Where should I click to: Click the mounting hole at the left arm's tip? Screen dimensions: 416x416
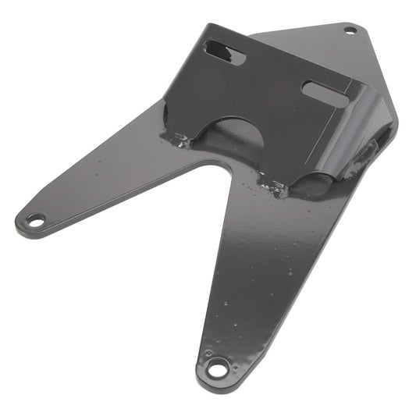coord(35,221)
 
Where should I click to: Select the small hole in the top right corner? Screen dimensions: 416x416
coord(350,31)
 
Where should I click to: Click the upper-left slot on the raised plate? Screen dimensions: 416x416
coord(225,53)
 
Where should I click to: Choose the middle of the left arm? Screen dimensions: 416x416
coord(109,183)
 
